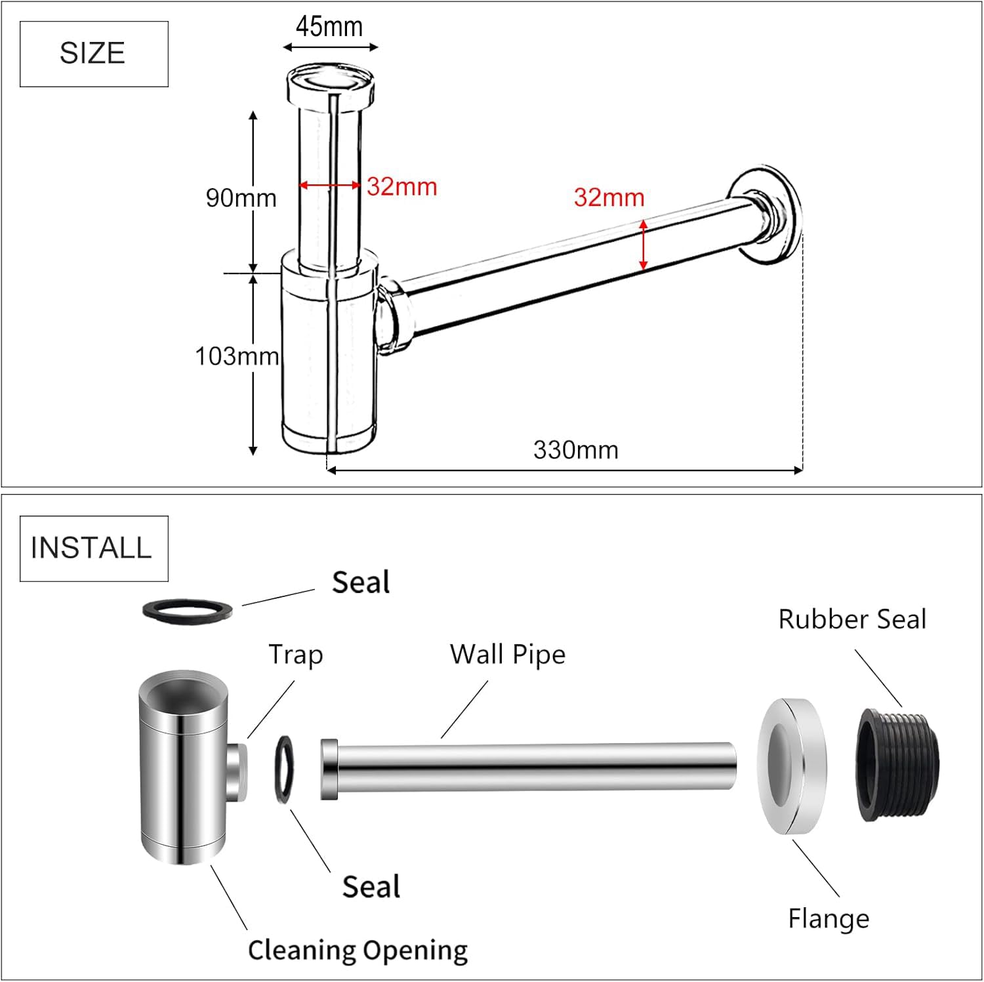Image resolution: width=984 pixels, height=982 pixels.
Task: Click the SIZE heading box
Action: tap(94, 54)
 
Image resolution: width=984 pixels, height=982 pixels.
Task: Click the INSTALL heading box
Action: tap(94, 548)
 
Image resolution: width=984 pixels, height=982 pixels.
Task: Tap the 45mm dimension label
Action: tap(329, 27)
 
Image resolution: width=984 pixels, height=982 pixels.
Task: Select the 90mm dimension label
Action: tap(241, 197)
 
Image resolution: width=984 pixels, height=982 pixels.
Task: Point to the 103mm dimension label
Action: tap(237, 356)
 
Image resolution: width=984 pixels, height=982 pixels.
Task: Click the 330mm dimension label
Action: tap(575, 450)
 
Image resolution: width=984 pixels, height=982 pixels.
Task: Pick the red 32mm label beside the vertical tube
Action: tap(401, 187)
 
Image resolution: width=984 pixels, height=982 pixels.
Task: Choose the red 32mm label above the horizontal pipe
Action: tap(609, 197)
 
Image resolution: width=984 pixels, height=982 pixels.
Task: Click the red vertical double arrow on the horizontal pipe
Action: tap(644, 245)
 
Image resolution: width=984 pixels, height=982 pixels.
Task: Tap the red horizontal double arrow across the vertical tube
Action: tap(330, 186)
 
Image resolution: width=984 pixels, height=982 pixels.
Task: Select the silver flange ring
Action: tap(792, 767)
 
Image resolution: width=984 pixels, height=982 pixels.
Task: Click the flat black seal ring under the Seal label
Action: tap(188, 610)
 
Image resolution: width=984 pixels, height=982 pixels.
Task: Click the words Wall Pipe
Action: tap(507, 655)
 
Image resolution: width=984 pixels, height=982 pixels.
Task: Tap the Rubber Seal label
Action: tap(852, 619)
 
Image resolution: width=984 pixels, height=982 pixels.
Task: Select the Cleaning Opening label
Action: tap(358, 950)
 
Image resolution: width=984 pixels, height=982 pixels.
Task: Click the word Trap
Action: tap(296, 655)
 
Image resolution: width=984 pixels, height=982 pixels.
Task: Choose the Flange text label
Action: tap(829, 918)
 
